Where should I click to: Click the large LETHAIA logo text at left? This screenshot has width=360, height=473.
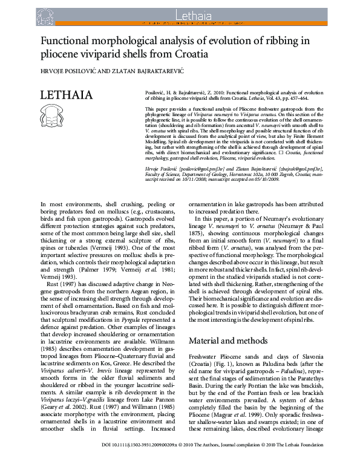(67, 96)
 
